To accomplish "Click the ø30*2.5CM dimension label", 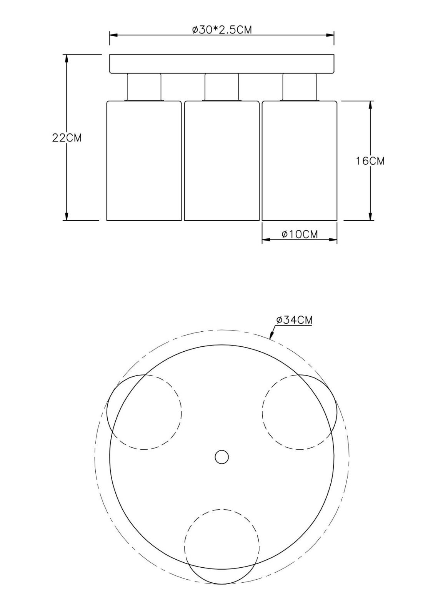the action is [222, 30].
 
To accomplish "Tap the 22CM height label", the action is [67, 138].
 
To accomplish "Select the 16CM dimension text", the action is [370, 161].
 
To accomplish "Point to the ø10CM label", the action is [300, 234].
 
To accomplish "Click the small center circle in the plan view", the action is [221, 457].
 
